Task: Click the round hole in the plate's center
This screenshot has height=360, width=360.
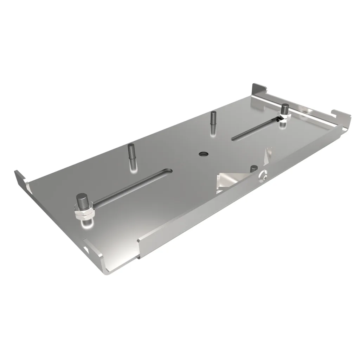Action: [203, 154]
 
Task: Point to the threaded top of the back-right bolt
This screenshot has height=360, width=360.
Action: [285, 107]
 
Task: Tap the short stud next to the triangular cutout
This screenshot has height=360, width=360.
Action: [254, 169]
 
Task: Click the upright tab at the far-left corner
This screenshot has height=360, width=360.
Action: [21, 179]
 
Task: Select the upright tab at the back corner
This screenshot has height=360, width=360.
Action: [259, 89]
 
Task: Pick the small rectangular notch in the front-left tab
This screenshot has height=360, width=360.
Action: [87, 249]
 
